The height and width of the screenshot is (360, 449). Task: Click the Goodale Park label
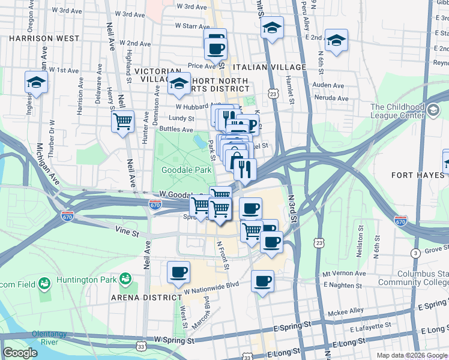tap(186, 170)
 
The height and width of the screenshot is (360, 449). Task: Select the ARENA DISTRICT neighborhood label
tap(146, 297)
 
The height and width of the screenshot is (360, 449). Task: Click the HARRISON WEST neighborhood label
tap(44, 38)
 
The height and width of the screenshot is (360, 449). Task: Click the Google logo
tap(20, 353)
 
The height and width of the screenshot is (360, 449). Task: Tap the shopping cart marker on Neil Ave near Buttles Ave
tap(122, 121)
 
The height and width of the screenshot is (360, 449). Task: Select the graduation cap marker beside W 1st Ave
tap(36, 82)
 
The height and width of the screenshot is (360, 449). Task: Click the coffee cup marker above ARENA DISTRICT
tap(178, 272)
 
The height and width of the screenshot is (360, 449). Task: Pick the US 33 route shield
tap(140, 346)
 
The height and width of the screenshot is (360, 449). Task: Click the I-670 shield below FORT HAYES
tap(401, 221)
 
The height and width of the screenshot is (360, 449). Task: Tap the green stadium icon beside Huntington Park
tap(125, 279)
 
